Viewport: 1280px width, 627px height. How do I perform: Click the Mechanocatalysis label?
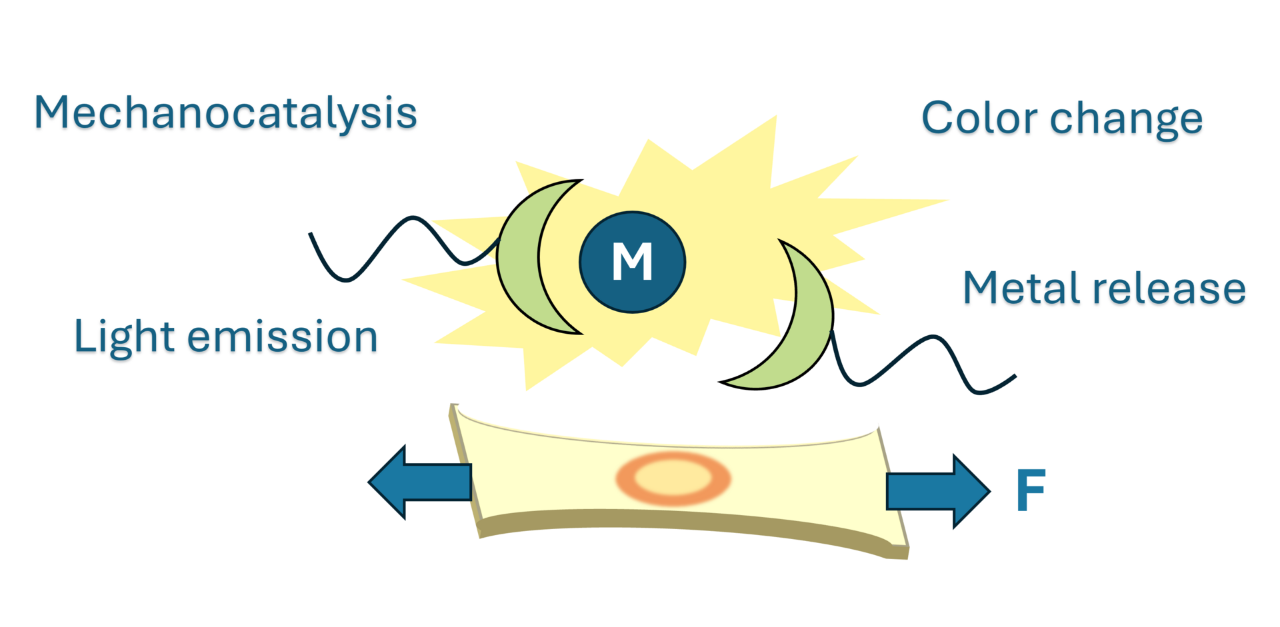click(x=225, y=113)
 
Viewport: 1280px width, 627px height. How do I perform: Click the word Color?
click(x=979, y=119)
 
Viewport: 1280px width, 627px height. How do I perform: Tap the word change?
click(x=1126, y=120)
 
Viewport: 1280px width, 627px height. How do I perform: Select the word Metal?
click(x=1021, y=289)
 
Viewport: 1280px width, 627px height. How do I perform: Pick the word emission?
click(x=282, y=336)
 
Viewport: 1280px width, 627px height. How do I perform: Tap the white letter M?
click(x=632, y=261)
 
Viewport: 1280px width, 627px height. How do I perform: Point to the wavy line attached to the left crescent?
click(x=393, y=243)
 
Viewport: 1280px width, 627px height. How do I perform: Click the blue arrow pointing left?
click(x=420, y=482)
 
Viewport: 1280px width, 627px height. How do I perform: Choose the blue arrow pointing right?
click(x=937, y=491)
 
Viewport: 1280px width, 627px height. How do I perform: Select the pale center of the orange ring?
click(x=673, y=478)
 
